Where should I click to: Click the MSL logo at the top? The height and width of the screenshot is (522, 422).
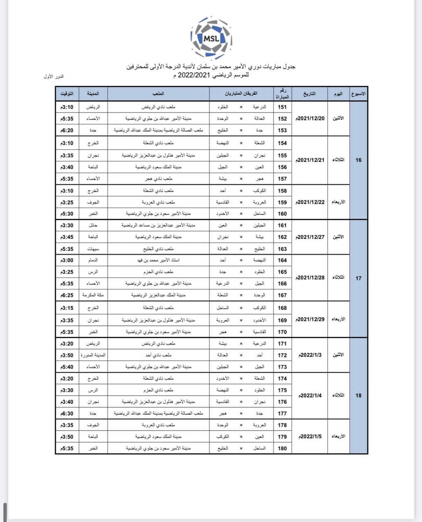[211, 39]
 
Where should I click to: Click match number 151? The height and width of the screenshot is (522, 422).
[282, 107]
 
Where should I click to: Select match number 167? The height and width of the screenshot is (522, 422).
[282, 295]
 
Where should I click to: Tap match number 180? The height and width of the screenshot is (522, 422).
[282, 449]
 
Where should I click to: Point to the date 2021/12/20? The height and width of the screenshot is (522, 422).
[310, 119]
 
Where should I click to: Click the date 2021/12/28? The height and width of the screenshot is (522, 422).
[310, 278]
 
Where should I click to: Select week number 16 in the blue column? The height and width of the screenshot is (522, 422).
[358, 160]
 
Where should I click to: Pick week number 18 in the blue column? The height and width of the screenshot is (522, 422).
[358, 396]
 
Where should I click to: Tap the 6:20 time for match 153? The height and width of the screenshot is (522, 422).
[67, 130]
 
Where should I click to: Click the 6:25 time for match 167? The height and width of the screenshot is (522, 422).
[67, 295]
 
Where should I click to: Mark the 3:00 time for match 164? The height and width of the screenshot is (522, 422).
[67, 261]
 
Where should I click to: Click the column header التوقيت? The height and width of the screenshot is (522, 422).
[67, 94]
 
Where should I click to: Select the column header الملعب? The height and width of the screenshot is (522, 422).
[158, 94]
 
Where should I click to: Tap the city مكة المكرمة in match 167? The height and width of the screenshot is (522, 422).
[93, 295]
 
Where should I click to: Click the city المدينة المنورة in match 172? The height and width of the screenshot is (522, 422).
[93, 355]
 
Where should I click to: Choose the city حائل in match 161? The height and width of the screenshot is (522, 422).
[93, 226]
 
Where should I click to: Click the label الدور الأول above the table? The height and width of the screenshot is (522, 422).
[54, 77]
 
